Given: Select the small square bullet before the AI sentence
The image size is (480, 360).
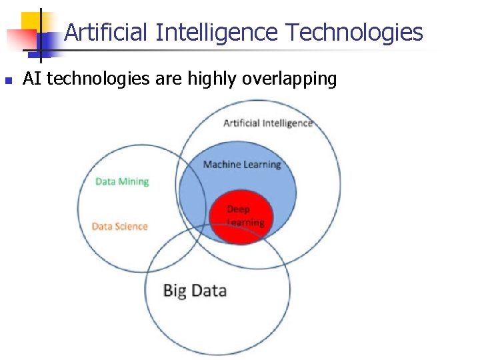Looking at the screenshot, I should (x=8, y=81).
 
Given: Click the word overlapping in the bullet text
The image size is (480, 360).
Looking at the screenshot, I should (x=290, y=79).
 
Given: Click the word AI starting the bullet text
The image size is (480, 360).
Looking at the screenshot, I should (x=32, y=79).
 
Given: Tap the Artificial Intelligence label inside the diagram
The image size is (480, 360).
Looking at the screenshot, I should (x=267, y=123).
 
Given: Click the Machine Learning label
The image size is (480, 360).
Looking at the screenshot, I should (x=242, y=165).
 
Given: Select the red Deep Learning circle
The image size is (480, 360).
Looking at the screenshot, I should (x=241, y=216).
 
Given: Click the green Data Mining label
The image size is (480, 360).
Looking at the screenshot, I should (x=122, y=181).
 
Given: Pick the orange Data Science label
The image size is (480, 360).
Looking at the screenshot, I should (x=119, y=227).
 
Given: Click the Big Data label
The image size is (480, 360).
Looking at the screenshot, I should (x=195, y=291).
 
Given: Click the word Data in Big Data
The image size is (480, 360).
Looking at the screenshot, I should (x=209, y=291).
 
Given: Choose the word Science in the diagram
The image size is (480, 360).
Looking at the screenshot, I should (x=131, y=227).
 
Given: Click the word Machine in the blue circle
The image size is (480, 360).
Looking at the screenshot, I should (x=222, y=165).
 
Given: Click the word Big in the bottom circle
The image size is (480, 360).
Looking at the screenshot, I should (x=175, y=291).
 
